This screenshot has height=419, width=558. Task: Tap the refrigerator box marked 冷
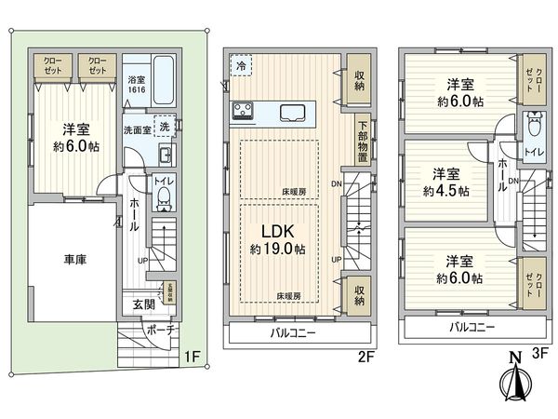point(242,67)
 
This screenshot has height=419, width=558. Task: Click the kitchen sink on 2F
point(296,114)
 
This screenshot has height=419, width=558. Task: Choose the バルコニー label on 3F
point(471,327)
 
